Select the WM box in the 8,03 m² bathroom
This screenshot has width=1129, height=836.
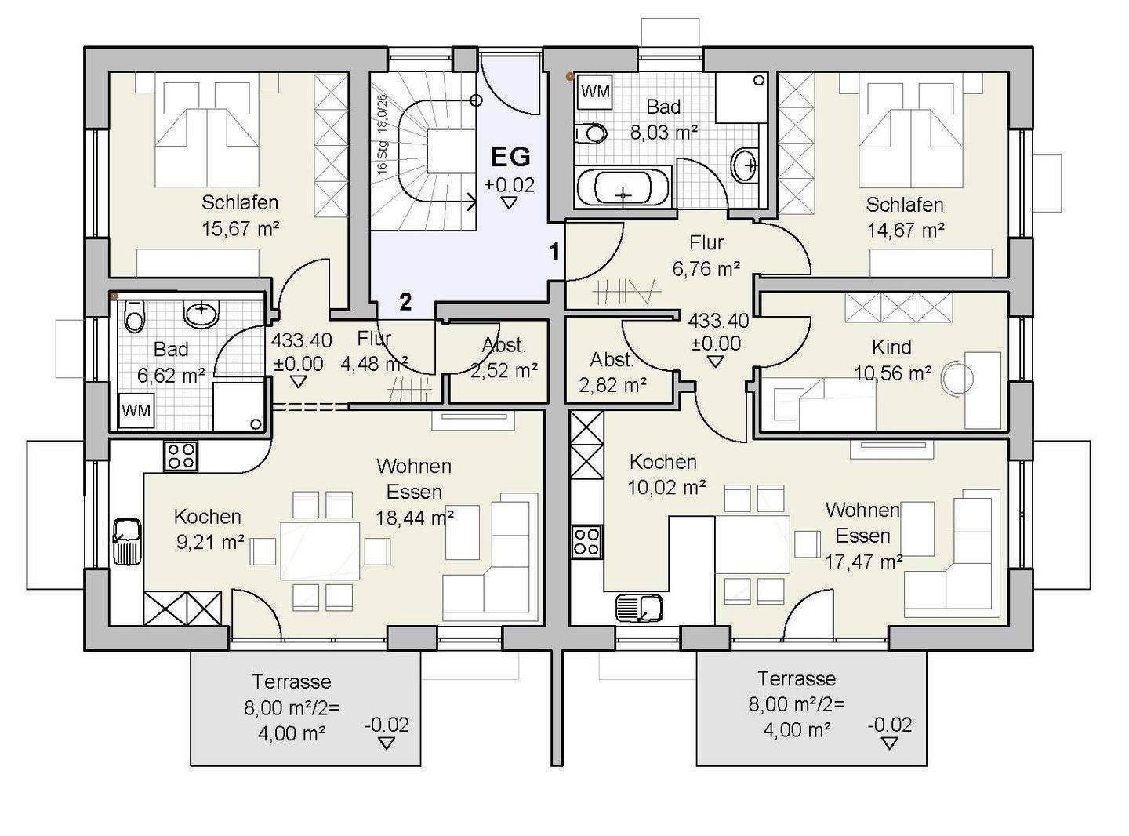(596, 93)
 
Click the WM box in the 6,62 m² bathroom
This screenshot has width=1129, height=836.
(136, 410)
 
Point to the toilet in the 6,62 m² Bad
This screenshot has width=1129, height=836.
(135, 316)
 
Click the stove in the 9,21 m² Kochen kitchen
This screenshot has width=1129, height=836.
(180, 456)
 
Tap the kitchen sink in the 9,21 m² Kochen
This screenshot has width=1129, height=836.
(126, 542)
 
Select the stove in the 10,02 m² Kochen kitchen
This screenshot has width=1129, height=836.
(586, 542)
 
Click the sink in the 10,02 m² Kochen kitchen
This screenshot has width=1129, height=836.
(639, 608)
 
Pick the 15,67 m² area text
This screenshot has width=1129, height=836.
(241, 228)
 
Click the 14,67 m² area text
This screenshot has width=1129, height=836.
(906, 231)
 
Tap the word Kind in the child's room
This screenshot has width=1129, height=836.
(891, 347)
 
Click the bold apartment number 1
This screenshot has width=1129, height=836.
(555, 252)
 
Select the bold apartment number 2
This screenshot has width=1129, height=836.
(405, 303)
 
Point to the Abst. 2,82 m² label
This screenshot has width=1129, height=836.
(613, 373)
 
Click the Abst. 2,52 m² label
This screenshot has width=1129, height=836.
(504, 358)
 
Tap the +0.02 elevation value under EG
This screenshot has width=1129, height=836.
(510, 185)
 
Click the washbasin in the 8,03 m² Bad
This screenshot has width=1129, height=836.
(746, 163)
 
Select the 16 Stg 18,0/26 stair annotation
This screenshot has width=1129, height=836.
(383, 134)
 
